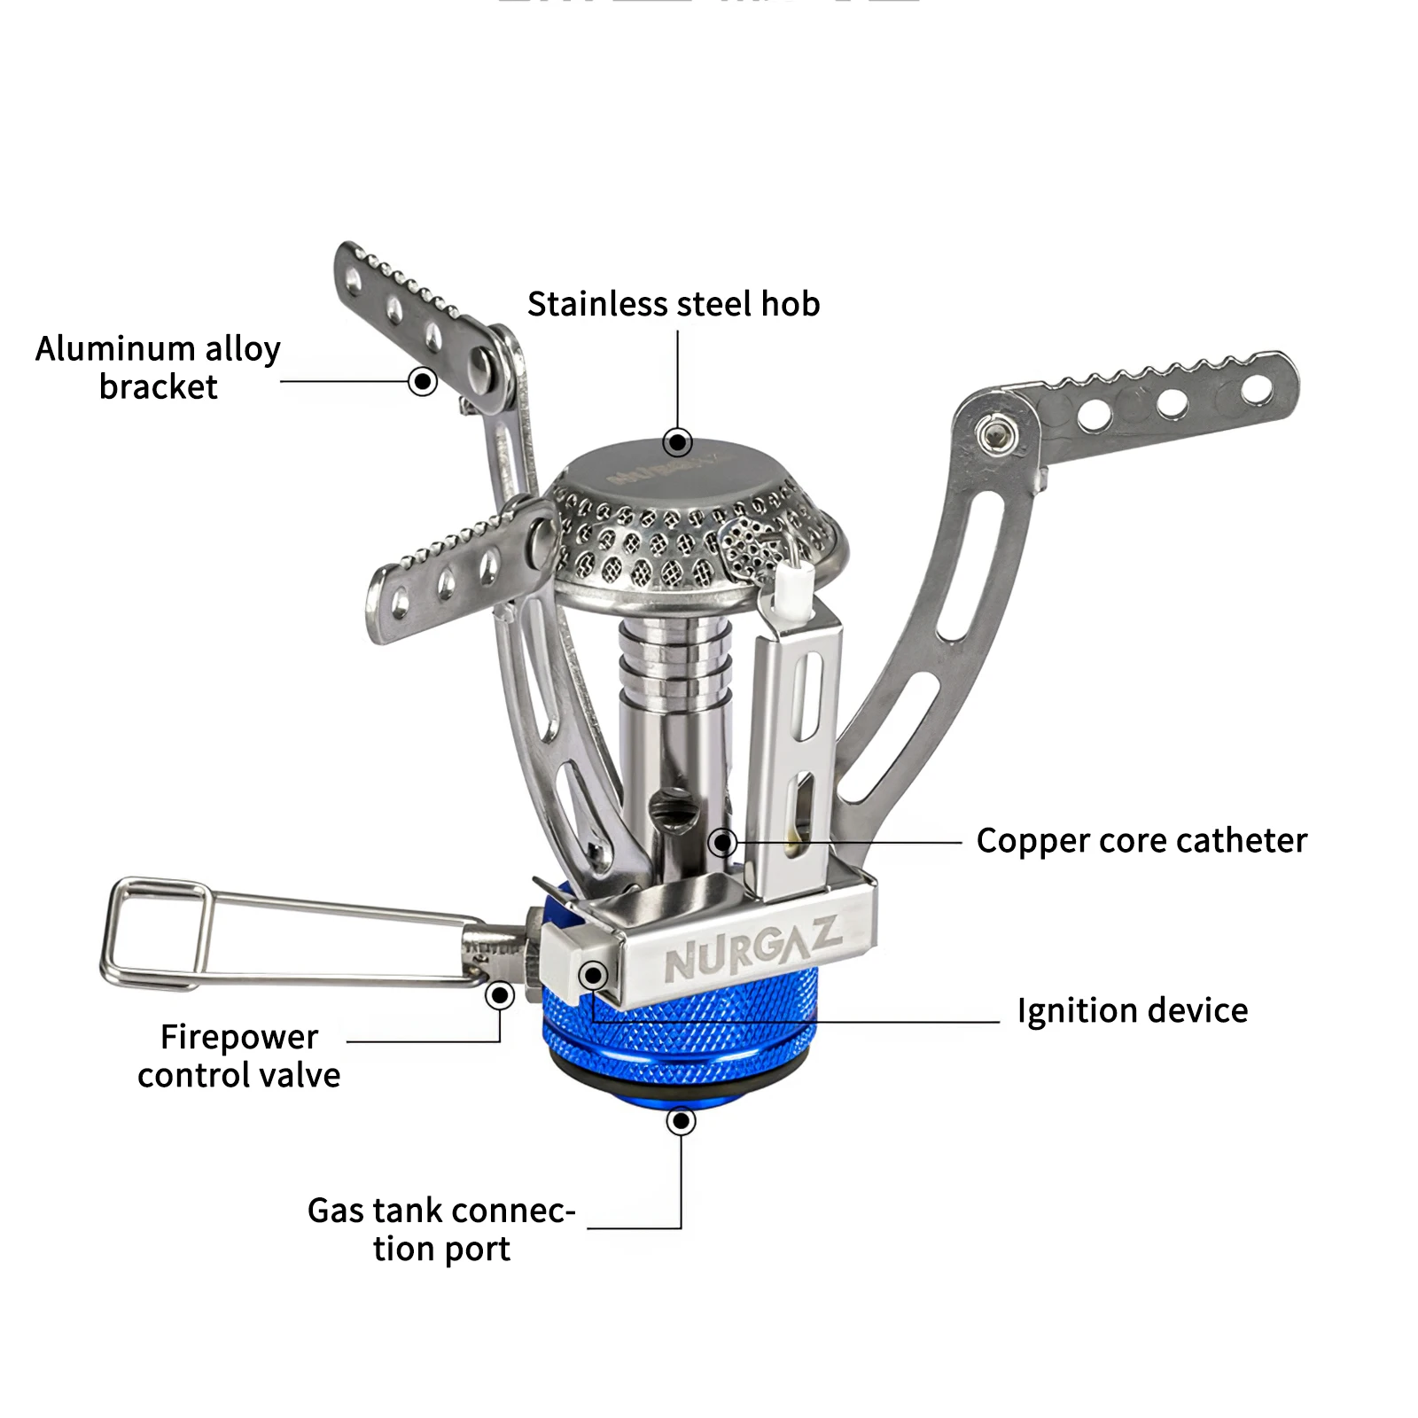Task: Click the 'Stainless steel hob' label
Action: pyautogui.click(x=674, y=304)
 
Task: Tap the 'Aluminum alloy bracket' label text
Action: pyautogui.click(x=158, y=367)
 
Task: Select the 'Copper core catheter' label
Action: pyautogui.click(x=1141, y=840)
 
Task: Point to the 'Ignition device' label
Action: pyautogui.click(x=1132, y=1010)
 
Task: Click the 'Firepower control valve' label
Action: pyautogui.click(x=239, y=1056)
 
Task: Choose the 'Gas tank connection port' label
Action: pyautogui.click(x=441, y=1229)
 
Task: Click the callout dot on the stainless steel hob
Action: pyautogui.click(x=678, y=441)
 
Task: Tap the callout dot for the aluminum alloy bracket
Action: pyautogui.click(x=423, y=382)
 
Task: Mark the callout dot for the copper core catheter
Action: pyautogui.click(x=723, y=842)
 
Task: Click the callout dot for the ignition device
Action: pyautogui.click(x=593, y=976)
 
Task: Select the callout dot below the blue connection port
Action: pyautogui.click(x=681, y=1122)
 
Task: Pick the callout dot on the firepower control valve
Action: pyautogui.click(x=500, y=995)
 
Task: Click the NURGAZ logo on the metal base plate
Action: pyautogui.click(x=752, y=950)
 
